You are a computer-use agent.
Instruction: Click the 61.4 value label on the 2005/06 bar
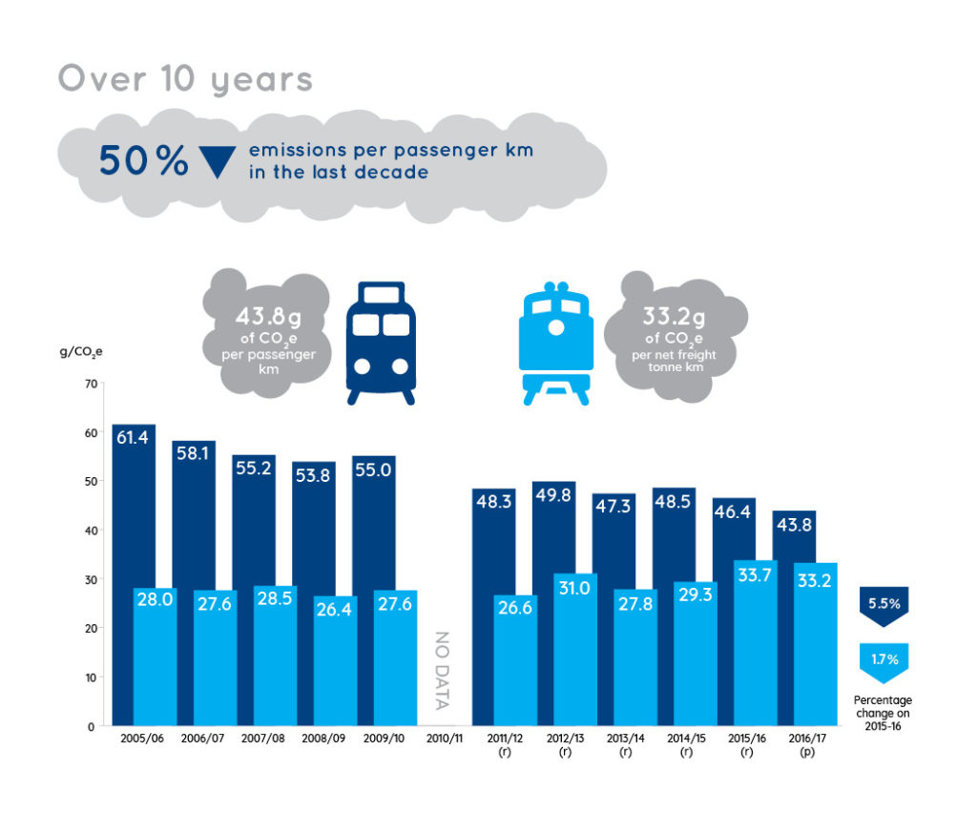coord(132,437)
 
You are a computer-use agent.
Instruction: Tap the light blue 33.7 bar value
coord(755,574)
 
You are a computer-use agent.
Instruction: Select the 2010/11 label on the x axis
coord(445,739)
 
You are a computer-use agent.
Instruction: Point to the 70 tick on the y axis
coord(91,384)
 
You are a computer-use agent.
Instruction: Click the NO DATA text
coord(442,671)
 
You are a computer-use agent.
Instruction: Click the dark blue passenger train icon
coord(381,344)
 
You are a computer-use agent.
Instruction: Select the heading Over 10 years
coord(186,80)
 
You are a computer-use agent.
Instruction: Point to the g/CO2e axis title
coord(81,352)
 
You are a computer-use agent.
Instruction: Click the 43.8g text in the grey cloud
coord(268,317)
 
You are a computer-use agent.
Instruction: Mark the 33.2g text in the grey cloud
coord(675,317)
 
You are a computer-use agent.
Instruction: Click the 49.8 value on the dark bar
coord(553,494)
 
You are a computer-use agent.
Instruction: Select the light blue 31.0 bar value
coord(573,588)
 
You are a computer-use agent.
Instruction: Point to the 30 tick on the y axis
coord(91,579)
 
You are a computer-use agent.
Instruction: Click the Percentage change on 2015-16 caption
coord(883,714)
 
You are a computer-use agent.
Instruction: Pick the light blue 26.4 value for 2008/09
coord(334,609)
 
